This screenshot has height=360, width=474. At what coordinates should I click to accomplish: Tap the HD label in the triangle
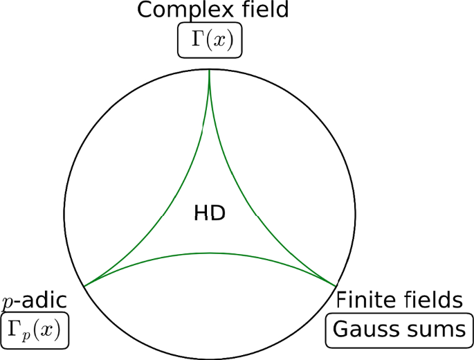point(210,213)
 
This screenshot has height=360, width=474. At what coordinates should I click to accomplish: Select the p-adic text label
point(34,300)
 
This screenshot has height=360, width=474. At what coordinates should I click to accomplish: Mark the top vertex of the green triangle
point(210,72)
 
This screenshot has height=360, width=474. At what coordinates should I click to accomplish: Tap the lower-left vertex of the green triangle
point(84,285)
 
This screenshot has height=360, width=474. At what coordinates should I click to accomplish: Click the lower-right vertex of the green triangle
point(336,285)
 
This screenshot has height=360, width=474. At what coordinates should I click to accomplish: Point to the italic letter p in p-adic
point(8,302)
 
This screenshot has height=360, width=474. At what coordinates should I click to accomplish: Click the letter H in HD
point(202,213)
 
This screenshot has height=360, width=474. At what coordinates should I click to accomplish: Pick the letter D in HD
point(218,213)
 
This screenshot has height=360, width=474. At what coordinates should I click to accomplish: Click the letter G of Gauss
point(341,330)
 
